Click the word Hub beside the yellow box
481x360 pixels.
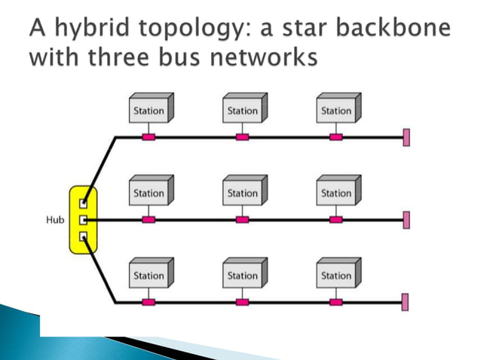pyautogui.click(x=54, y=220)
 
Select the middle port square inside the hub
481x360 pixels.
pyautogui.click(x=84, y=220)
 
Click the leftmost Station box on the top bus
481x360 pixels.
pyautogui.click(x=149, y=110)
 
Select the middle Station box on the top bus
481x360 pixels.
pyautogui.click(x=243, y=110)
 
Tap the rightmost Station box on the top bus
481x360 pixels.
pyautogui.click(x=336, y=110)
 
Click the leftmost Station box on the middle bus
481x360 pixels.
pyautogui.click(x=149, y=193)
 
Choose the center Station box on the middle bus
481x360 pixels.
pyautogui.click(x=243, y=193)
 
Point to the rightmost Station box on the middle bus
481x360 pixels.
pyautogui.click(x=336, y=193)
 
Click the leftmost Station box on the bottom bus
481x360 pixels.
pyautogui.click(x=149, y=275)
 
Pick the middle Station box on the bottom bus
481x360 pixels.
pyautogui.click(x=243, y=275)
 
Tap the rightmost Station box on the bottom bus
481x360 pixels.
pyautogui.click(x=336, y=275)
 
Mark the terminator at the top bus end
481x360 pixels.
pyautogui.click(x=406, y=137)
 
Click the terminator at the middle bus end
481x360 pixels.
pyautogui.click(x=406, y=220)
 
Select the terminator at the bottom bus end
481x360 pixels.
pyautogui.click(x=406, y=303)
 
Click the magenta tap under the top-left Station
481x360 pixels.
pyautogui.click(x=149, y=137)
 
